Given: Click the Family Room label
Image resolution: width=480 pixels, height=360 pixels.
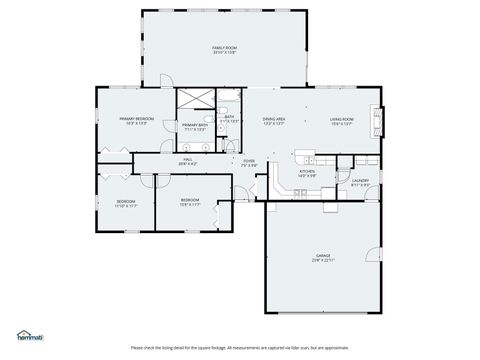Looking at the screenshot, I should pyautogui.click(x=223, y=47).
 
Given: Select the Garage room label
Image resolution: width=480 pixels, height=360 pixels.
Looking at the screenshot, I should pyautogui.click(x=322, y=255).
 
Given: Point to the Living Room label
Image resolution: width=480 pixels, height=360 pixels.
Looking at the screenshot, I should pyautogui.click(x=342, y=119).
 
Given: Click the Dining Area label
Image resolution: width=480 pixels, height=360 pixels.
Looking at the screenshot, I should pyautogui.click(x=274, y=119).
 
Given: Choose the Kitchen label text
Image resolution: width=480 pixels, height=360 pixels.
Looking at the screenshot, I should pyautogui.click(x=307, y=171).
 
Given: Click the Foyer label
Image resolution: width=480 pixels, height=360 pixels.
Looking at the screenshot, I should pyautogui.click(x=248, y=160).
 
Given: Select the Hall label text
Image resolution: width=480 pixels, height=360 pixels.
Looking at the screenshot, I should pyautogui.click(x=187, y=159).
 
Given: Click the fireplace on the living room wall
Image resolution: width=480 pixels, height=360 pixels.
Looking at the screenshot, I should pyautogui.click(x=377, y=121).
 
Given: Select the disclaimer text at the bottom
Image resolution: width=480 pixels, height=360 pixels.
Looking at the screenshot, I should pyautogui.click(x=239, y=348).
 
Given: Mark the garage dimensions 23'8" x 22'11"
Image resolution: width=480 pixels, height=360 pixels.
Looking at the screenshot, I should pyautogui.click(x=322, y=260).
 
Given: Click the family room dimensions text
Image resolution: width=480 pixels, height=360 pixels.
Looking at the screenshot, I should pyautogui.click(x=223, y=53).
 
